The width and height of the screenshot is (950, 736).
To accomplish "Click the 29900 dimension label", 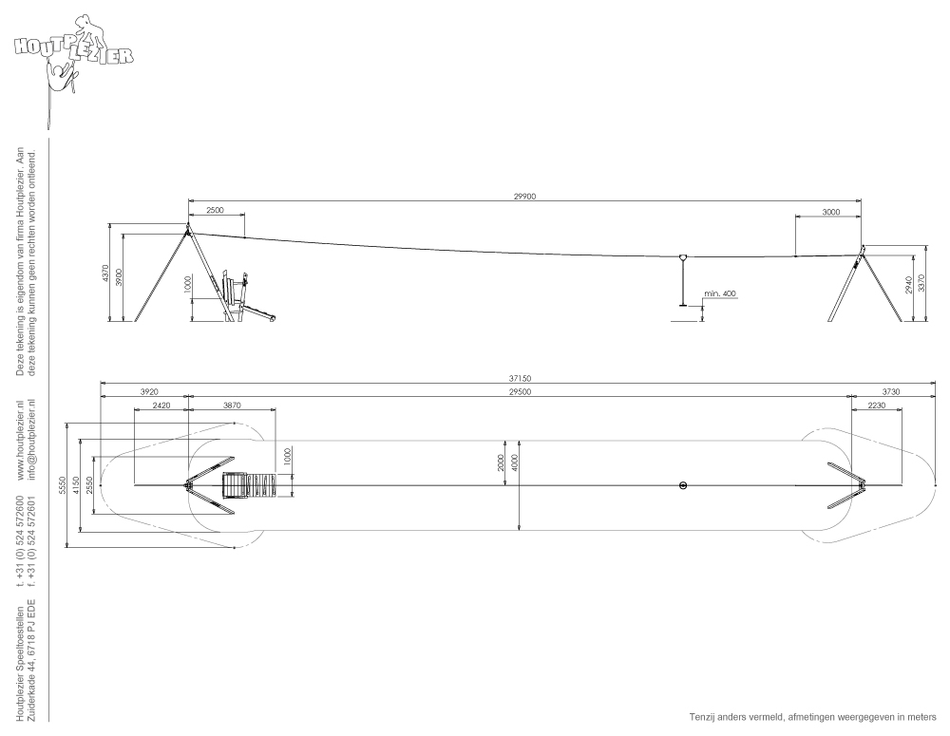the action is click(x=524, y=197).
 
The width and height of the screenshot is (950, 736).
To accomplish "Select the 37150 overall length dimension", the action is click(x=520, y=379).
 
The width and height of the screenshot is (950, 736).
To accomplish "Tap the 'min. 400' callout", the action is click(x=720, y=293).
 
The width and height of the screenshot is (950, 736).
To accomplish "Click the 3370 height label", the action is click(x=921, y=283).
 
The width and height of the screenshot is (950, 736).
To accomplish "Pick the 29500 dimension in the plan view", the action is click(x=520, y=392).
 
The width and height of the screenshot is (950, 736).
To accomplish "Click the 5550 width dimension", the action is click(x=63, y=486).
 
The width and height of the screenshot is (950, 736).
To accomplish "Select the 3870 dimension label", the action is click(x=232, y=406).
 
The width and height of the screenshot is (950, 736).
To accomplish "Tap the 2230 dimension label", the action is click(x=876, y=406).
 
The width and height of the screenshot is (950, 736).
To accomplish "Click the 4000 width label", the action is click(x=515, y=463).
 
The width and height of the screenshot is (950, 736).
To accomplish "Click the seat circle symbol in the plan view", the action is click(x=683, y=485).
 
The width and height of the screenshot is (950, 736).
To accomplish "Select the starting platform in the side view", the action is click(x=248, y=297).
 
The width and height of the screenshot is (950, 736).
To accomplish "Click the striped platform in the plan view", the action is click(x=250, y=485).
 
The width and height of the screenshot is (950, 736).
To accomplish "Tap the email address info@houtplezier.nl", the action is click(x=32, y=439).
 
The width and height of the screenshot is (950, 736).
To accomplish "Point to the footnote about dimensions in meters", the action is click(x=812, y=717).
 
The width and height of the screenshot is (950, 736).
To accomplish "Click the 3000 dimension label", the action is click(x=831, y=212).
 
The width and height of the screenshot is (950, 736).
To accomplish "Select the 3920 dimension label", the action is click(x=149, y=392).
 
